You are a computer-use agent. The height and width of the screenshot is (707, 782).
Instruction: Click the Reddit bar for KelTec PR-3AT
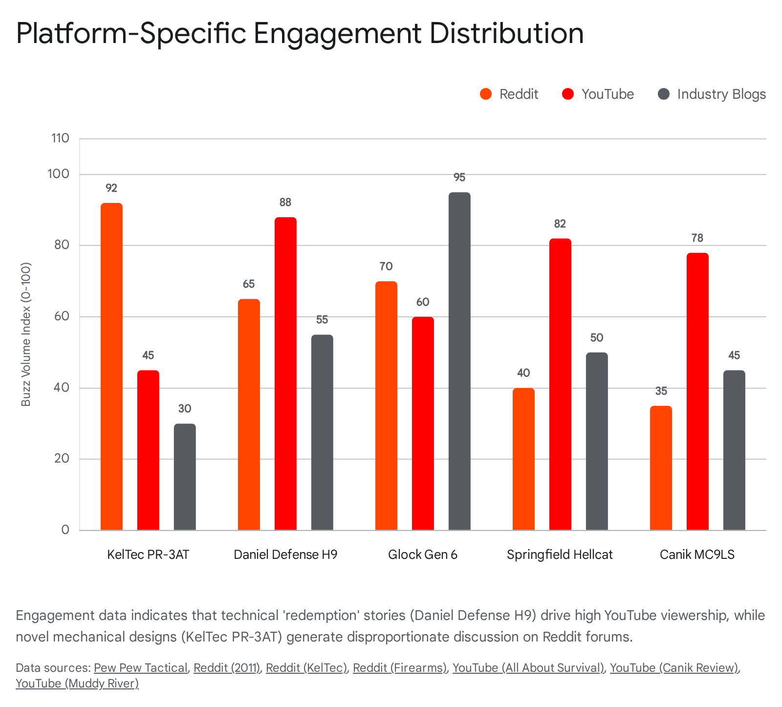(111, 367)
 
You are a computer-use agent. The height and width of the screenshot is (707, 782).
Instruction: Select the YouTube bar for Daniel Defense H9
(285, 374)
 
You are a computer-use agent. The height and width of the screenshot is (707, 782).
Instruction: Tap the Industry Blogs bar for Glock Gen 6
(459, 362)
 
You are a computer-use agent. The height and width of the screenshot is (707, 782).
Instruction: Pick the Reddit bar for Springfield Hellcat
(523, 459)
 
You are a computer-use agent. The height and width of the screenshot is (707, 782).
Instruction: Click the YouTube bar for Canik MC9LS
(697, 391)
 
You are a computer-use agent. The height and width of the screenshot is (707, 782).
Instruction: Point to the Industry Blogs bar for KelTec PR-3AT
(185, 477)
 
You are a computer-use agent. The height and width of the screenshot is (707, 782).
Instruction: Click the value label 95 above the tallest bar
(459, 177)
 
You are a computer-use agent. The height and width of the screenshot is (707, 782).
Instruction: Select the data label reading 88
(285, 202)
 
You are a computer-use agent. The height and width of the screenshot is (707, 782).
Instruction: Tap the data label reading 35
(661, 391)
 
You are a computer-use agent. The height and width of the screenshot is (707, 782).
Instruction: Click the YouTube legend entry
(607, 94)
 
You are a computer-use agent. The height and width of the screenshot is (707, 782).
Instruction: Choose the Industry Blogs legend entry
(721, 94)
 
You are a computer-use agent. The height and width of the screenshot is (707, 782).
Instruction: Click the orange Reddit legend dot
(486, 94)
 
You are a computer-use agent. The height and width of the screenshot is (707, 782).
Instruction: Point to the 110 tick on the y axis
(60, 138)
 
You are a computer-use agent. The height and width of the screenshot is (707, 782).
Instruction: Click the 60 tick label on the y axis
(62, 316)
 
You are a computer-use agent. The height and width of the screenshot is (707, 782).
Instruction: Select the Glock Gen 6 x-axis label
(423, 554)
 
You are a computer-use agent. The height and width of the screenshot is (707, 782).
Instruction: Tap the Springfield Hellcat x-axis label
(560, 554)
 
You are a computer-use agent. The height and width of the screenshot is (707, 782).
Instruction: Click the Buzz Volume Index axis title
(26, 334)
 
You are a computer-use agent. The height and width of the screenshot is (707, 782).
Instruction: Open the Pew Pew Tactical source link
(141, 668)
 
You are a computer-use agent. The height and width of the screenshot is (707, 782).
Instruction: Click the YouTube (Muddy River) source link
(77, 683)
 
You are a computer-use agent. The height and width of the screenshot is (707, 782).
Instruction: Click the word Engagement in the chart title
(337, 33)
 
